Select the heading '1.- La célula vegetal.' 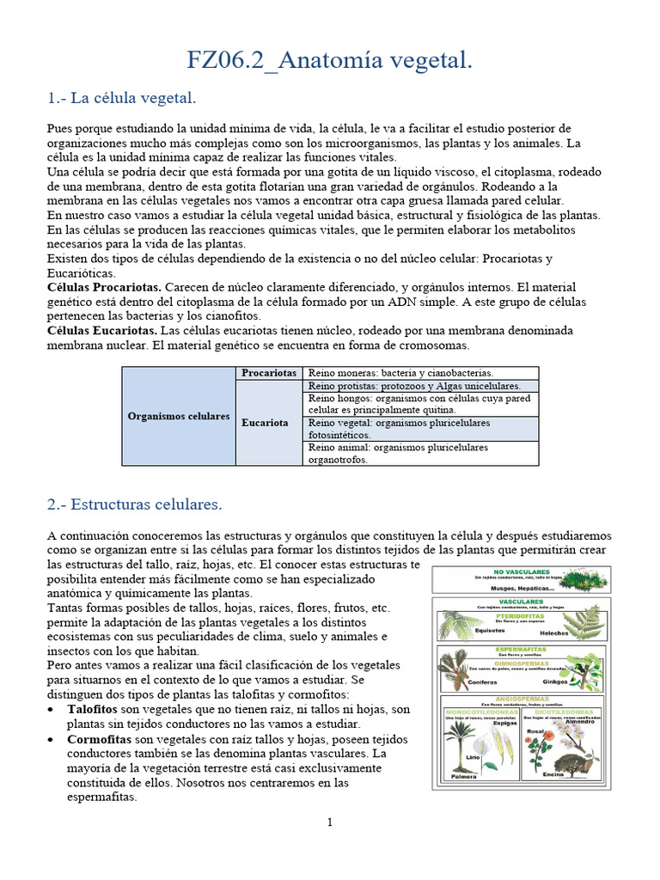click(122, 98)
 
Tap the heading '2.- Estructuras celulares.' click(135, 504)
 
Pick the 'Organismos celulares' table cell click(179, 416)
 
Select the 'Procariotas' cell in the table click(269, 373)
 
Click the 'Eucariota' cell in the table click(265, 423)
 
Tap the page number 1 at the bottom click(329, 822)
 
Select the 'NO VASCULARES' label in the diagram click(522, 571)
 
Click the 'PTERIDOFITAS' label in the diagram click(522, 615)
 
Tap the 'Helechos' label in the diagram click(553, 632)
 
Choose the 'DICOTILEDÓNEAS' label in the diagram click(565, 712)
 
